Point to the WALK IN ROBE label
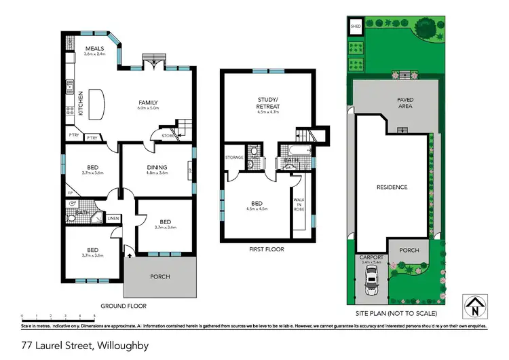click(299, 204)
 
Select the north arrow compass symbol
click(474, 304)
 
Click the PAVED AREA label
click(405, 103)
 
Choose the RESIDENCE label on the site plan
click(392, 187)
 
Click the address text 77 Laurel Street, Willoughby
click(85, 346)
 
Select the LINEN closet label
click(113, 218)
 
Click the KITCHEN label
click(80, 103)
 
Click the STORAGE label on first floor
click(234, 158)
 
